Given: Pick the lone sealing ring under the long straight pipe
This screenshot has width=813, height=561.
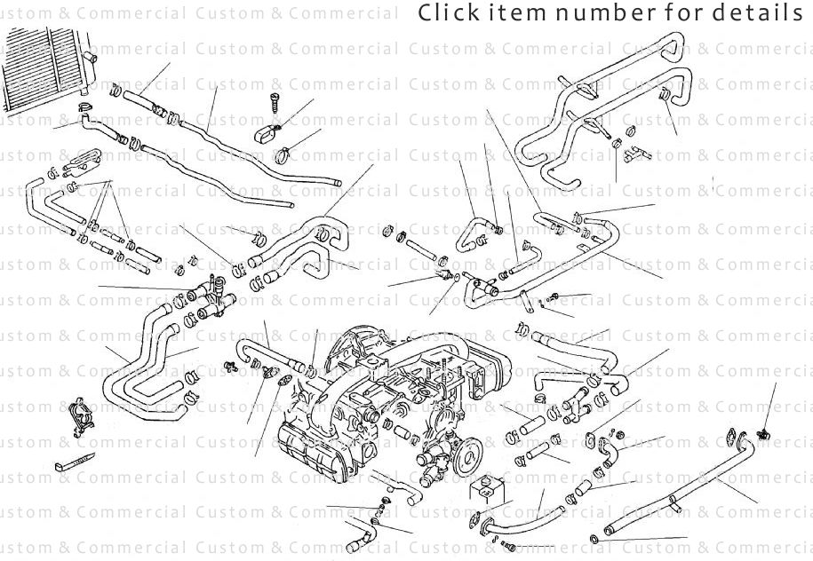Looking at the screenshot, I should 594,539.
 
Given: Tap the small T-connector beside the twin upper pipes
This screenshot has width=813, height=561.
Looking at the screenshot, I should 633,154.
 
